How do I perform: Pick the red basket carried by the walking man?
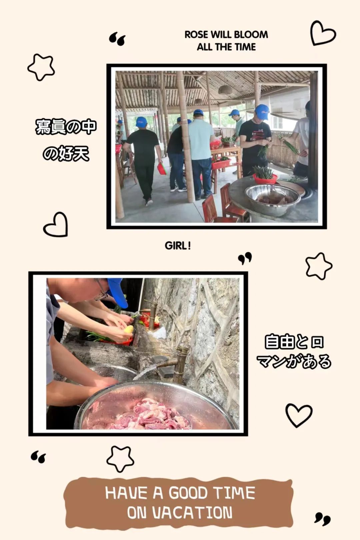pos(162,168)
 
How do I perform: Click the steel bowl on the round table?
pos(273,200)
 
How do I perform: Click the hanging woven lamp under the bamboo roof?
pos(225,89)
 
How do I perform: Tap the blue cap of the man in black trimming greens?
pos(262,111)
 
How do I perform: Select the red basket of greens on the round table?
pos(265,178)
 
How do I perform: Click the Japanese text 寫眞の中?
pos(66,126)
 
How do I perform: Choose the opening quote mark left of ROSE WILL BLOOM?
pos(117,39)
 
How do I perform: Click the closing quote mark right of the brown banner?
pos(322,518)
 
